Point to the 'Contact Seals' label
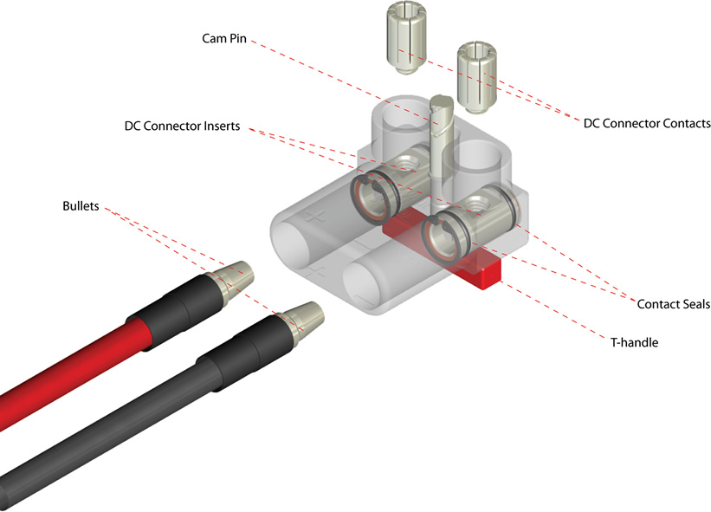coord(673,304)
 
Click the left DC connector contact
coord(406,39)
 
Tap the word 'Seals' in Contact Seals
coord(695,304)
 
